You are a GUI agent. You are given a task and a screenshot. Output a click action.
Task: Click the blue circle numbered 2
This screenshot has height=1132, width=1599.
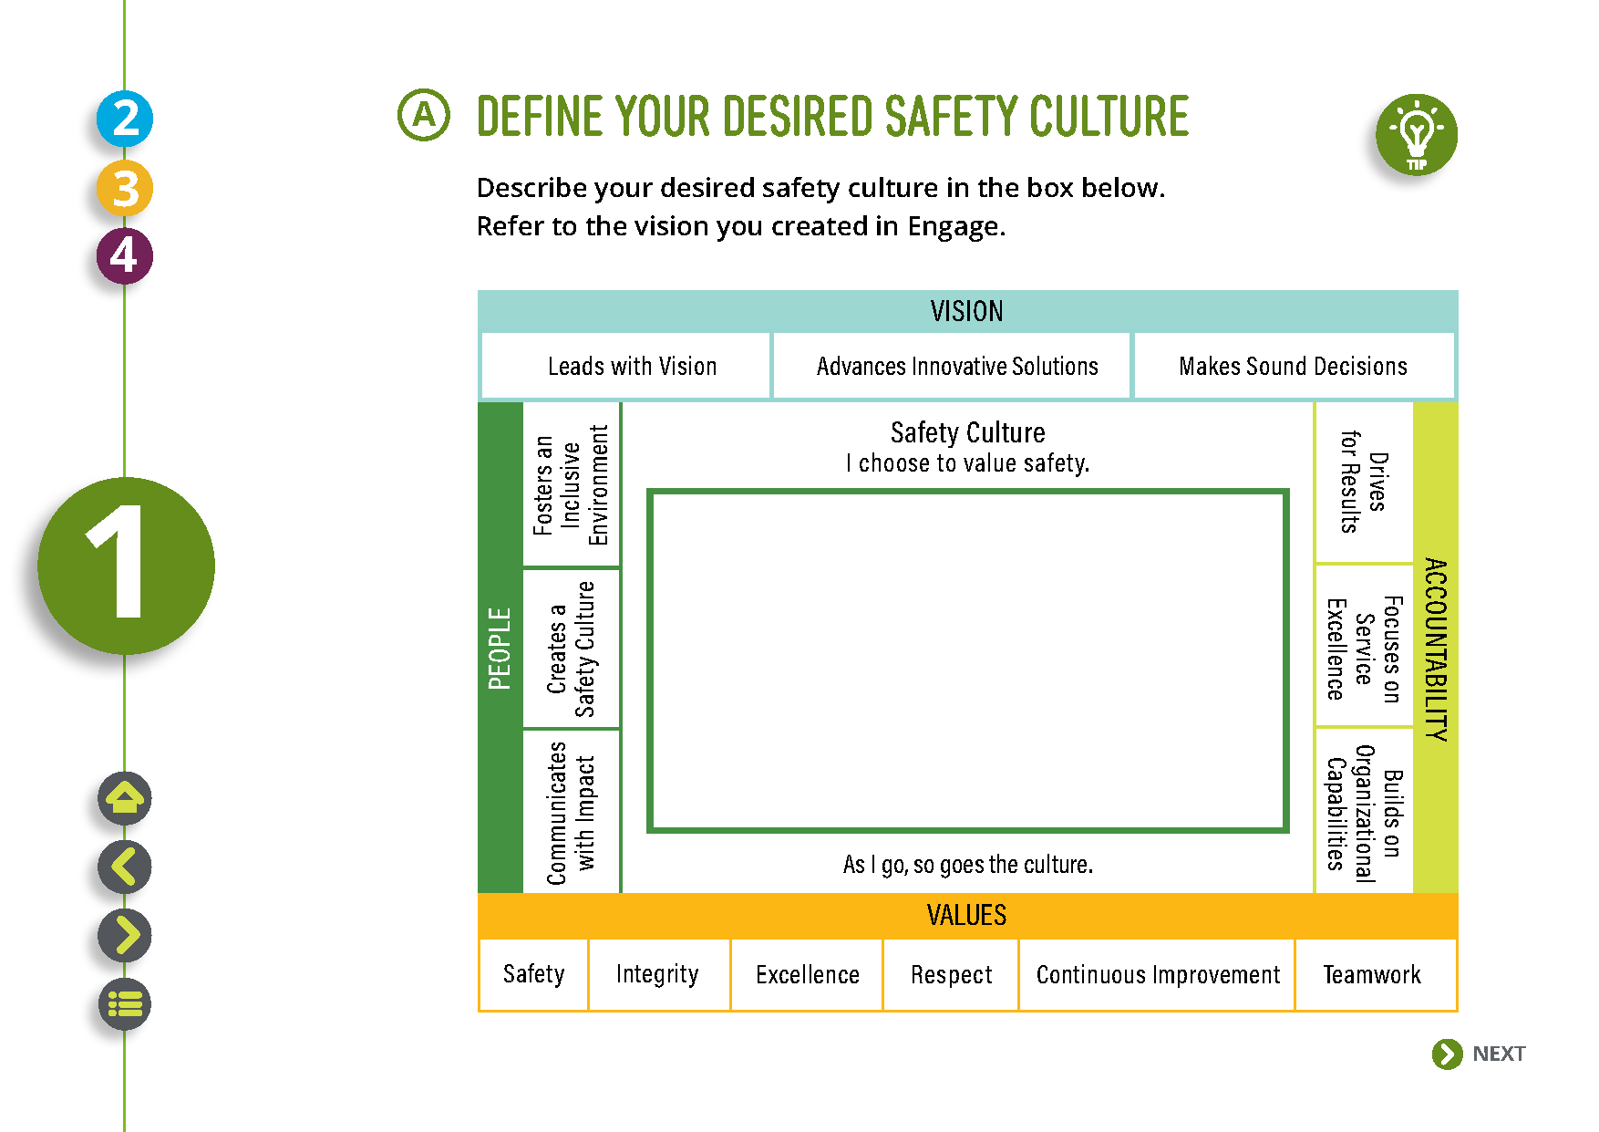[125, 119]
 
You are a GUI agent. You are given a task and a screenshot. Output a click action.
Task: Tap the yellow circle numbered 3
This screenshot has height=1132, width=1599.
[125, 188]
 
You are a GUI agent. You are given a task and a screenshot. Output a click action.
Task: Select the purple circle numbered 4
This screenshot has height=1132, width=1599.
[125, 255]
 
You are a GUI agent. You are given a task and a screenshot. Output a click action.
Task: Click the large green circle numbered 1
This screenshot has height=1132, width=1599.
[126, 566]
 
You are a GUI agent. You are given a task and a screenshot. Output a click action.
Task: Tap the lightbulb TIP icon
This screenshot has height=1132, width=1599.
[1416, 135]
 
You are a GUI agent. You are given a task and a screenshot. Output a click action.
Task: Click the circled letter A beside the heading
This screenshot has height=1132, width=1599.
[424, 115]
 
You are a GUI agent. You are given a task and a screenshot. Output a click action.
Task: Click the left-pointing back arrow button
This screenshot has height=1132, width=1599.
[125, 867]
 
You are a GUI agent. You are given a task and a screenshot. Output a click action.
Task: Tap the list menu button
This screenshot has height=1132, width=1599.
[125, 1004]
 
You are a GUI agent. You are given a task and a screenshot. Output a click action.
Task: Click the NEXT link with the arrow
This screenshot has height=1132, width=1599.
[1479, 1054]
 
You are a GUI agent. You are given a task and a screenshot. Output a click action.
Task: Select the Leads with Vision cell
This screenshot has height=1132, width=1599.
[632, 366]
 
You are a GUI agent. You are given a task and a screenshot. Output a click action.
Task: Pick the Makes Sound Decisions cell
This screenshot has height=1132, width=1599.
[1292, 366]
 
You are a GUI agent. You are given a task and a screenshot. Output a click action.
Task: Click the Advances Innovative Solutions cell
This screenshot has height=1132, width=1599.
[956, 366]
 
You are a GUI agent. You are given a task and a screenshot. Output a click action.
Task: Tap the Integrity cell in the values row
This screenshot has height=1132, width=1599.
[657, 974]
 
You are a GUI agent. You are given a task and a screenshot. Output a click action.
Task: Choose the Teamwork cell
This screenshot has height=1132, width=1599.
[1372, 974]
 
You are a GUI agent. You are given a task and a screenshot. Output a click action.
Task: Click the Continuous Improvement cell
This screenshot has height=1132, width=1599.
[1158, 974]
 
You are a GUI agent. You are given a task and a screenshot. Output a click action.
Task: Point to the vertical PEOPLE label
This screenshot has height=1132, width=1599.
[500, 648]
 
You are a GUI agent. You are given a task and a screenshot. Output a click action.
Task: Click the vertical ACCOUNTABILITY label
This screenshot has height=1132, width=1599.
[1435, 648]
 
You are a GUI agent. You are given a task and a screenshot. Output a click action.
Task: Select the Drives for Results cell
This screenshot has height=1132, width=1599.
[1364, 482]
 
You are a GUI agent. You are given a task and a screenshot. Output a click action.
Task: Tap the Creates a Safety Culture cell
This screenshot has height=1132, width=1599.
[572, 648]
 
